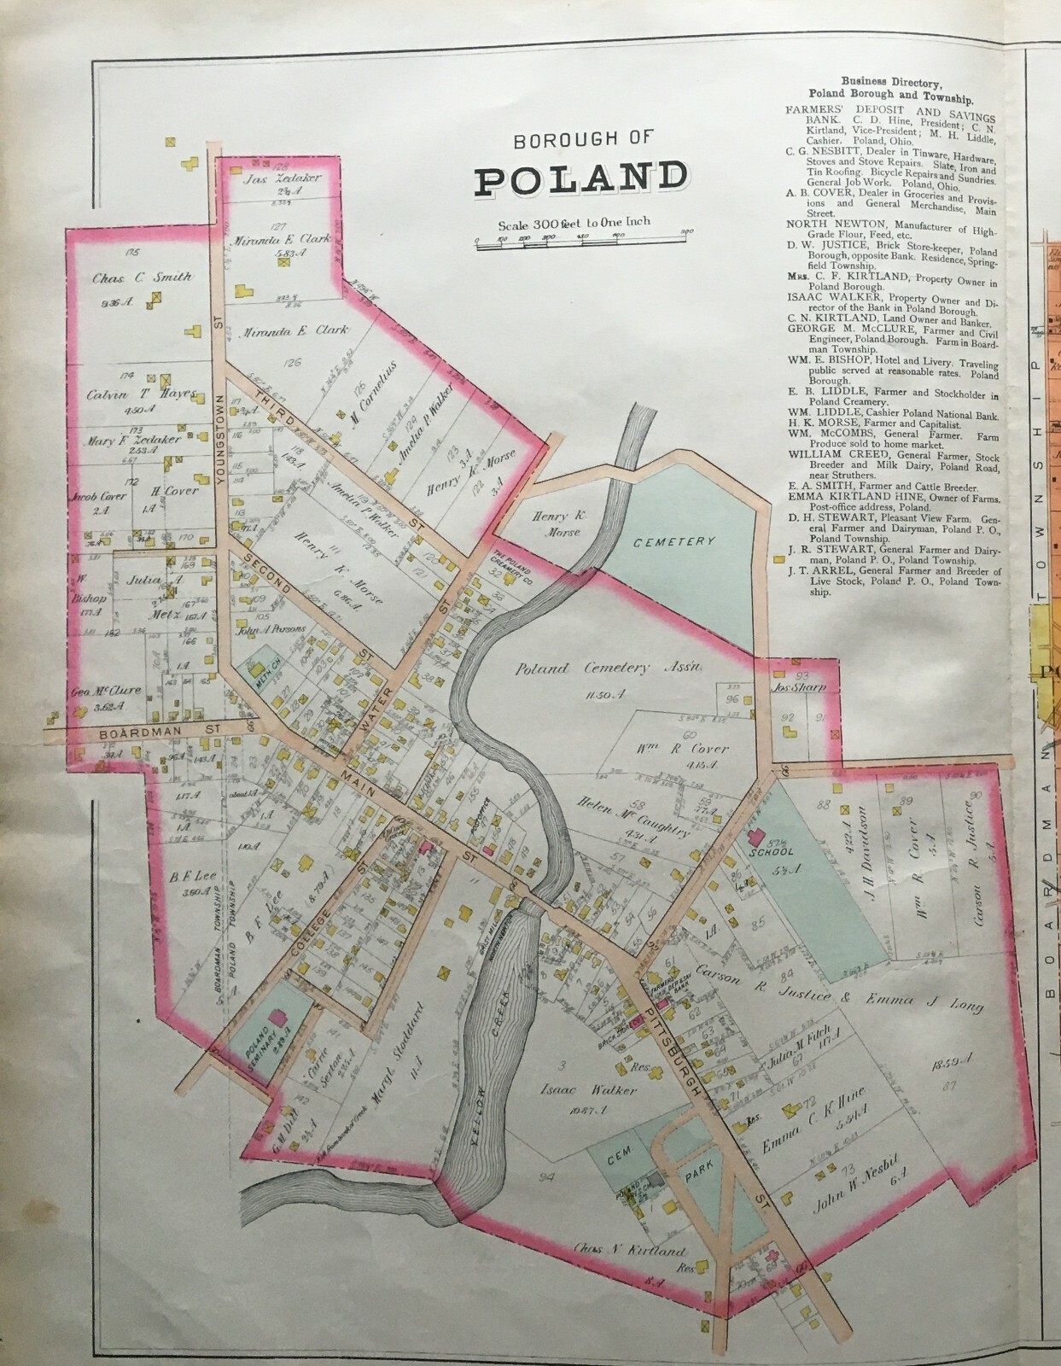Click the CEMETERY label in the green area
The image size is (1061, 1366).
coord(679,542)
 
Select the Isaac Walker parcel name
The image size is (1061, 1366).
coord(595,1090)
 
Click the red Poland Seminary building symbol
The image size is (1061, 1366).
coord(277,1019)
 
